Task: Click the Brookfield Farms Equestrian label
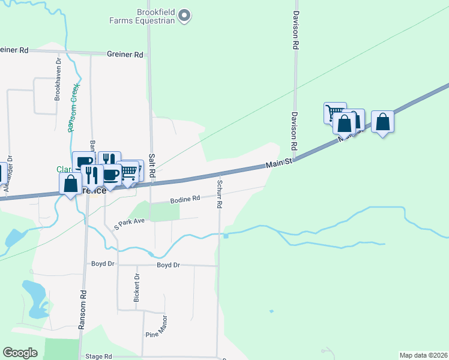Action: pyautogui.click(x=147, y=16)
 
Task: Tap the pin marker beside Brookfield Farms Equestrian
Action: pyautogui.click(x=185, y=16)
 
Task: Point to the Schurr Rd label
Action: pyautogui.click(x=220, y=194)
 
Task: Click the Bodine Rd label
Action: pyautogui.click(x=184, y=199)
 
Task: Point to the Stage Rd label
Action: pyautogui.click(x=99, y=356)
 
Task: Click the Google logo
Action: pyautogui.click(x=20, y=353)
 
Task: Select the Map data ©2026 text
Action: pyautogui.click(x=423, y=355)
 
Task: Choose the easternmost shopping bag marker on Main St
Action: pyautogui.click(x=382, y=122)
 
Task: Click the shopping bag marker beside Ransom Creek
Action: pyautogui.click(x=70, y=183)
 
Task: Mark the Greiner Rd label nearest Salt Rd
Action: pyautogui.click(x=125, y=55)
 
